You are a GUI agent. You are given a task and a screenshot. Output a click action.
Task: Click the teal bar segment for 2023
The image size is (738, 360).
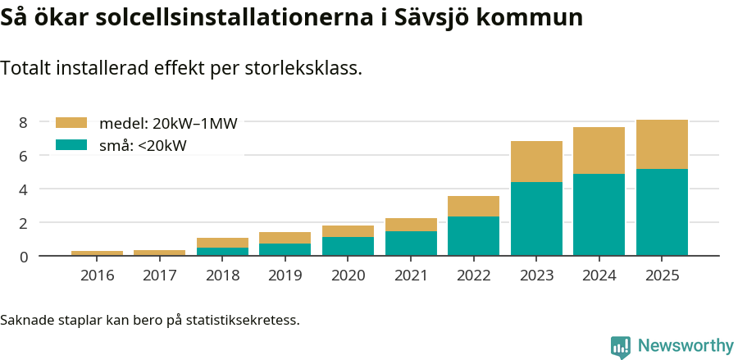(536, 218)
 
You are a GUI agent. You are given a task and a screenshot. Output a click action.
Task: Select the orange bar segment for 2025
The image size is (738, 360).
(662, 144)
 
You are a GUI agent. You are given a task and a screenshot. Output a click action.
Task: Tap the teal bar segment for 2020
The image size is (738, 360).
(348, 246)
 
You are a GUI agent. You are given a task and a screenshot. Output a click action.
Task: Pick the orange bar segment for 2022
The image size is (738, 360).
(473, 206)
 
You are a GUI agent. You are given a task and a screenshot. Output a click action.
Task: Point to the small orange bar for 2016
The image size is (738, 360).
(97, 253)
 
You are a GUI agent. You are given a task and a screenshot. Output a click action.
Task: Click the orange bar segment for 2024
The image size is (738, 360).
(599, 150)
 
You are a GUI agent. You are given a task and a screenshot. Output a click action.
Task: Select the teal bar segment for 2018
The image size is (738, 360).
(222, 251)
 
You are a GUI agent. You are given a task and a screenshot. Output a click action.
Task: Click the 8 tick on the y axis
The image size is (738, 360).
(24, 122)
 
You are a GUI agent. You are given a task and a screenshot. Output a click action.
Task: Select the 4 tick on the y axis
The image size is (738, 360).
(24, 189)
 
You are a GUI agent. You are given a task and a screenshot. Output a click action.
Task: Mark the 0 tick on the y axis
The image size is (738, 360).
(24, 257)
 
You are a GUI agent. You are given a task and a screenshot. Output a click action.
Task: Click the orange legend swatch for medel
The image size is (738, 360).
(71, 123)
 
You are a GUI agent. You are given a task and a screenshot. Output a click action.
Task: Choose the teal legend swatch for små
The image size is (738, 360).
(71, 145)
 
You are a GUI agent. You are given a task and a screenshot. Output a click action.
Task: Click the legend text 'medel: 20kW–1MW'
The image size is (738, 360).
(168, 124)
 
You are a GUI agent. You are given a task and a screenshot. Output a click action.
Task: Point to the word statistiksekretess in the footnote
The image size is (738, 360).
(243, 319)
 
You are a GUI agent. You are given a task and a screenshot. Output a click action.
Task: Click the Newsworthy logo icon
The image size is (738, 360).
(621, 346)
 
